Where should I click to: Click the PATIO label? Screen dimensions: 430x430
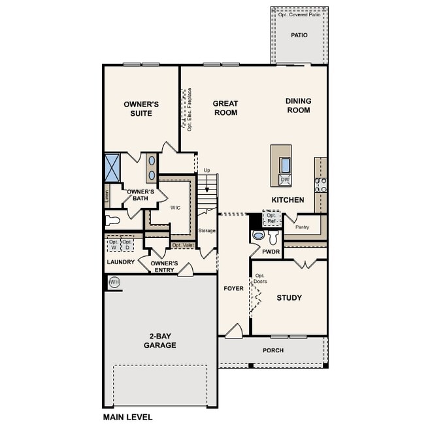pos(299,36)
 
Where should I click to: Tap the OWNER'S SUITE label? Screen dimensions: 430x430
pos(141,108)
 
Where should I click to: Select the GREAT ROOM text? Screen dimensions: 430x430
pos(225,108)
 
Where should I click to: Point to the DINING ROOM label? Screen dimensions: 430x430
pos(298,106)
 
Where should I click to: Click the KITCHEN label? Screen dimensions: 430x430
pos(288,199)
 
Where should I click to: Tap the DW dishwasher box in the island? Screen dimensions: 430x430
pos(284,180)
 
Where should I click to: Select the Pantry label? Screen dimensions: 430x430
pos(302,227)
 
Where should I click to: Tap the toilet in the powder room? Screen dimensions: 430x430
pos(258,234)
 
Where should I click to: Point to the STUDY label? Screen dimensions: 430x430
pos(289,298)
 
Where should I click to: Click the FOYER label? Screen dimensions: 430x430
pos(233,288)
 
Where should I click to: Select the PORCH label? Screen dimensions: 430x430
pos(273,350)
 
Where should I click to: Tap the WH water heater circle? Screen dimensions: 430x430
pos(115,282)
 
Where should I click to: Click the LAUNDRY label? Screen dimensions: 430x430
pos(120,262)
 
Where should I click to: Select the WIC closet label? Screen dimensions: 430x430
pos(175,208)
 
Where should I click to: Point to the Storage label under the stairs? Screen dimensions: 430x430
pos(207,231)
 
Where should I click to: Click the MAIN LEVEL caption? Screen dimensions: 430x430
pos(128,416)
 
